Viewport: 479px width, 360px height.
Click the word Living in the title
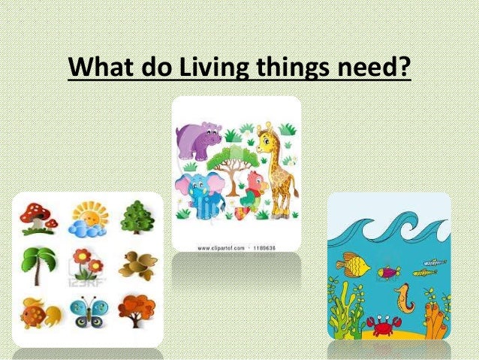[217, 68]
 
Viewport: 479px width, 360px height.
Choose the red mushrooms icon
[38, 216]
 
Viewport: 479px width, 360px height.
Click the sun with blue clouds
[89, 219]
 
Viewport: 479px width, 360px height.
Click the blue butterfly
[89, 310]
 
